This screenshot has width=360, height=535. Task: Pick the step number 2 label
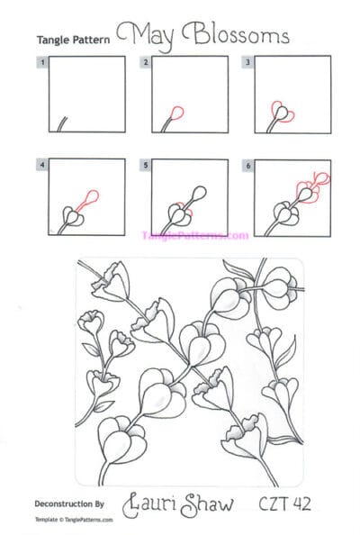point(145,63)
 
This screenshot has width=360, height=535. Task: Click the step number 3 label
point(247,63)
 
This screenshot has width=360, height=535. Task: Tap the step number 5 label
point(145,166)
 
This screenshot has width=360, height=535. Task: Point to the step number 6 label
point(247,166)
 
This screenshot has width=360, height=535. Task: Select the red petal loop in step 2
point(176,113)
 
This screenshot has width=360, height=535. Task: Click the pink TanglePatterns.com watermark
point(194,235)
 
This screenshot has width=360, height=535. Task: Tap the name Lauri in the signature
point(154,503)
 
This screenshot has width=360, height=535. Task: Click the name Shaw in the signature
point(211,503)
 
